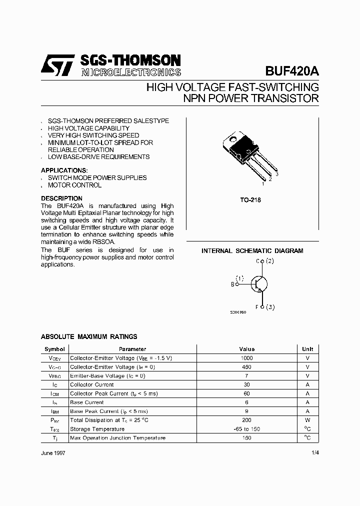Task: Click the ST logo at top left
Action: pyautogui.click(x=57, y=65)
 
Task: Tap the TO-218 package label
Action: pyautogui.click(x=250, y=200)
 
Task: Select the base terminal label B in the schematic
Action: pyautogui.click(x=232, y=284)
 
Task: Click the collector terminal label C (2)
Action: pyautogui.click(x=264, y=261)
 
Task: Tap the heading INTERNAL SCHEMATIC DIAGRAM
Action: pyautogui.click(x=252, y=251)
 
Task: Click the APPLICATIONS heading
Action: pyautogui.click(x=64, y=170)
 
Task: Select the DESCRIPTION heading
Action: pyautogui.click(x=61, y=198)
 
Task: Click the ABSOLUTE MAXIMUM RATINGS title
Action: pyautogui.click(x=89, y=337)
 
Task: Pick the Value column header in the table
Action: pyautogui.click(x=246, y=349)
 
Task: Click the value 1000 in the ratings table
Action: pyautogui.click(x=246, y=358)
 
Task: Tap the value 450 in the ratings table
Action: pyautogui.click(x=246, y=367)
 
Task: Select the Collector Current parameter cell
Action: pyautogui.click(x=92, y=384)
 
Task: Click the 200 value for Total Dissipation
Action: pyautogui.click(x=246, y=420)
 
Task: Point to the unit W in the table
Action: pyautogui.click(x=307, y=420)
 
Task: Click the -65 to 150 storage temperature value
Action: pyautogui.click(x=246, y=429)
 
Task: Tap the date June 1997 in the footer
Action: pyautogui.click(x=52, y=452)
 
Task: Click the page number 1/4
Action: pyautogui.click(x=314, y=452)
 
